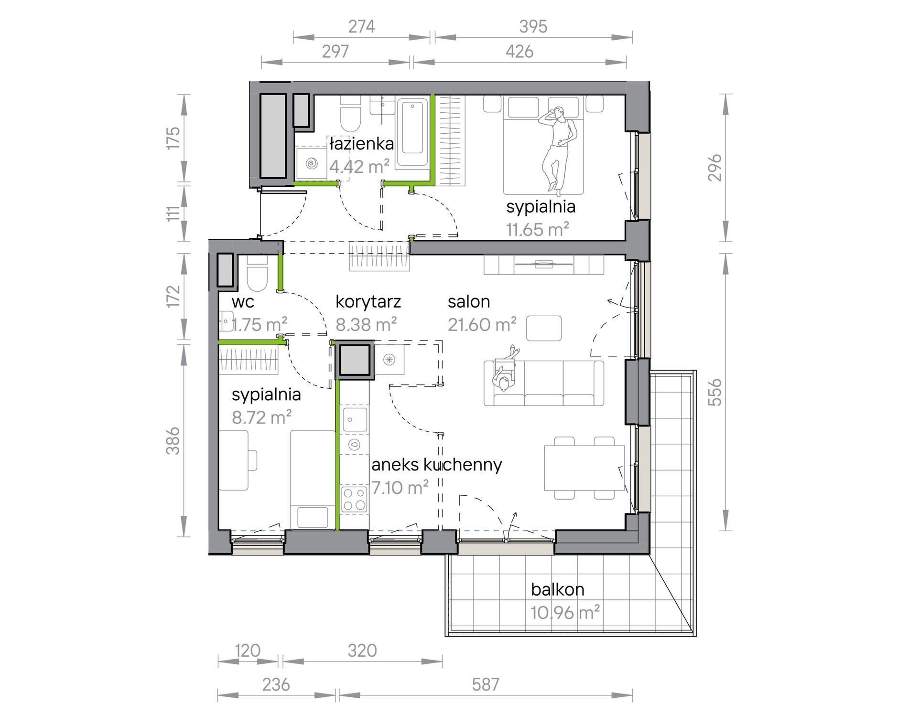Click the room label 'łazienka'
(x=361, y=143)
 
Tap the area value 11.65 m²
(x=538, y=230)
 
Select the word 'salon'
(x=469, y=301)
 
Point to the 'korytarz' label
(x=368, y=301)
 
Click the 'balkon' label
(x=558, y=589)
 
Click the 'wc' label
(x=243, y=302)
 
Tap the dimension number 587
(x=486, y=684)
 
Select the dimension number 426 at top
(x=519, y=51)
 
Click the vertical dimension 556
(x=714, y=392)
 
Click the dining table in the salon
(x=584, y=468)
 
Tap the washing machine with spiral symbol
(x=312, y=164)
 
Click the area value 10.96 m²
(x=565, y=612)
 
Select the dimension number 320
(x=362, y=651)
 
